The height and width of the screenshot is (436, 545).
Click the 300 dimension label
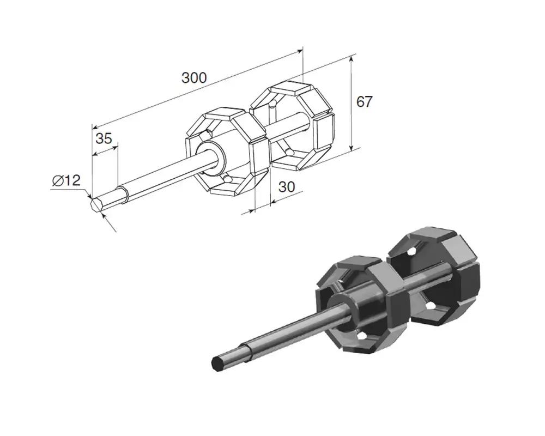(194, 78)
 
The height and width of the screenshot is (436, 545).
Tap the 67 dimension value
(364, 102)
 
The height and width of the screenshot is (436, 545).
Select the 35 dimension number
(104, 138)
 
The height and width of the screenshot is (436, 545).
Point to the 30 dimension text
(287, 187)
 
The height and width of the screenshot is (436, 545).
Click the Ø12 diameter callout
(66, 180)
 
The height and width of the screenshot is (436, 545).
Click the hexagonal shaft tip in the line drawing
(96, 204)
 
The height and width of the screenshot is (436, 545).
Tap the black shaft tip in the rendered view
(217, 363)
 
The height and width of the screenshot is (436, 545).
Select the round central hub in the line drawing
(211, 157)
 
